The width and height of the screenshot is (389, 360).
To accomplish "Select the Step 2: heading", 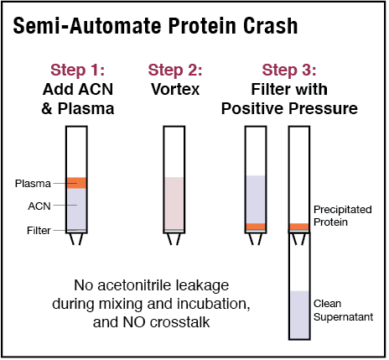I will (174, 69).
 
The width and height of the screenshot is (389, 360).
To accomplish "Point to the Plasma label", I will (32, 183).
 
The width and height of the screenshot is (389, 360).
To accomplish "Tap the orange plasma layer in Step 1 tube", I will (77, 183).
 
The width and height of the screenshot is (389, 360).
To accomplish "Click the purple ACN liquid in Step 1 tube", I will (77, 207).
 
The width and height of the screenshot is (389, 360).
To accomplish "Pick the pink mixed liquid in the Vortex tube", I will (174, 201).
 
